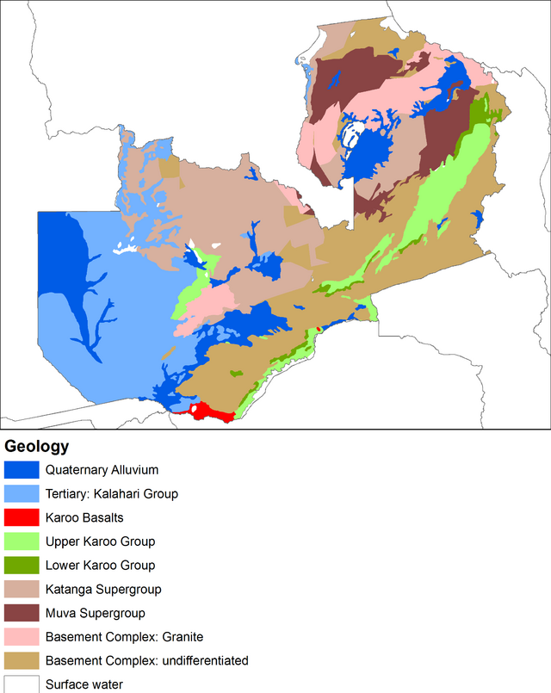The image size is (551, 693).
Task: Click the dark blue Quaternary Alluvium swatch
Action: (22, 470)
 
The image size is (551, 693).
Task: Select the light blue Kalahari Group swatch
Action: (22, 494)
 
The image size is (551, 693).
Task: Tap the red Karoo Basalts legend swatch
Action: (22, 517)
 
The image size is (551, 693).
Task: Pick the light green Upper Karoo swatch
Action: (22, 541)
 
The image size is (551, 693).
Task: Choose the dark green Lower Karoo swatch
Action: (22, 566)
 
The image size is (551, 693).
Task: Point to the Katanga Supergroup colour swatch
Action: (22, 590)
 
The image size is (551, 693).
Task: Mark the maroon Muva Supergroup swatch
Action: (22, 613)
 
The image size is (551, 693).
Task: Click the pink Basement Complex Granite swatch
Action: (22, 637)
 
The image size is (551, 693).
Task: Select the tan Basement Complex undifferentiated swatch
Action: (22, 661)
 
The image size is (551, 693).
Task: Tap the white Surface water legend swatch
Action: (22, 684)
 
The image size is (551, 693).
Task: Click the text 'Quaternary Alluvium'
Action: (102, 470)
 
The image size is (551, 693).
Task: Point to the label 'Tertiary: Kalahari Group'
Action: (112, 494)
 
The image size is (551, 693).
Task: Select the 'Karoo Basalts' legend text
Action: (85, 517)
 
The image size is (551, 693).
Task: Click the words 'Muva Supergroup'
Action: (95, 614)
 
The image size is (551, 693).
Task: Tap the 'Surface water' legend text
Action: (84, 685)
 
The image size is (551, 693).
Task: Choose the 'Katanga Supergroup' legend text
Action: (103, 590)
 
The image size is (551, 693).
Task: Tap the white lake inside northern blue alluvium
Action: (350, 136)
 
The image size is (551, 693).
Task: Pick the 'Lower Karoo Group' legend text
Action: (100, 566)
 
